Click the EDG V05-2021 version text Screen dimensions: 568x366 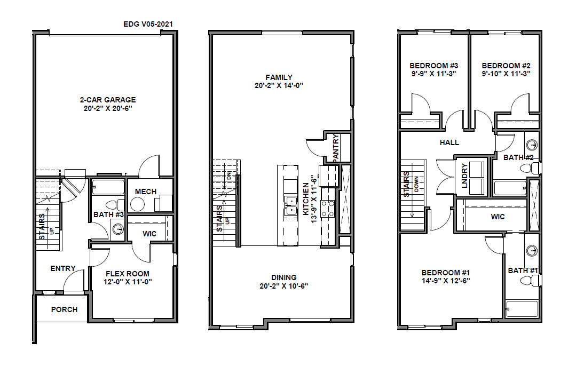pos(148,24)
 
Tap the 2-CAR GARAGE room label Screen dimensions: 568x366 pos(108,100)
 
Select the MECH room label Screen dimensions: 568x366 pos(146,192)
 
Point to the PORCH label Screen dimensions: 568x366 pos(64,309)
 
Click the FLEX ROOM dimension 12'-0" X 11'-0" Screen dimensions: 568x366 pos(128,282)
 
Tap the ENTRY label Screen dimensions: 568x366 pos(62,268)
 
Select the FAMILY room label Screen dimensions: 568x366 pos(279,77)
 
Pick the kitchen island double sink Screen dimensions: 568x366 pos(290,205)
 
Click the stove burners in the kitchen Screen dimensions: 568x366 pos(328,209)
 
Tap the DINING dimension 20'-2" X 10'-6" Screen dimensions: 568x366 pos(283,286)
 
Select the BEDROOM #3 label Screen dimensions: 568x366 pos(433,66)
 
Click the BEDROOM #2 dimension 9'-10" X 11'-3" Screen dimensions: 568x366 pos(506,74)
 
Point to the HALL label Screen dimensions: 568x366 pos(449,142)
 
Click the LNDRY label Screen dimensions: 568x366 pos(465,176)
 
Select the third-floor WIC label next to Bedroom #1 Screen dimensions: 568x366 pos(498,217)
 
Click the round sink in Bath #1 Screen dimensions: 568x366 pos(532,250)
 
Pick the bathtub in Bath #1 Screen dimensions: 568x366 pos(522,309)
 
